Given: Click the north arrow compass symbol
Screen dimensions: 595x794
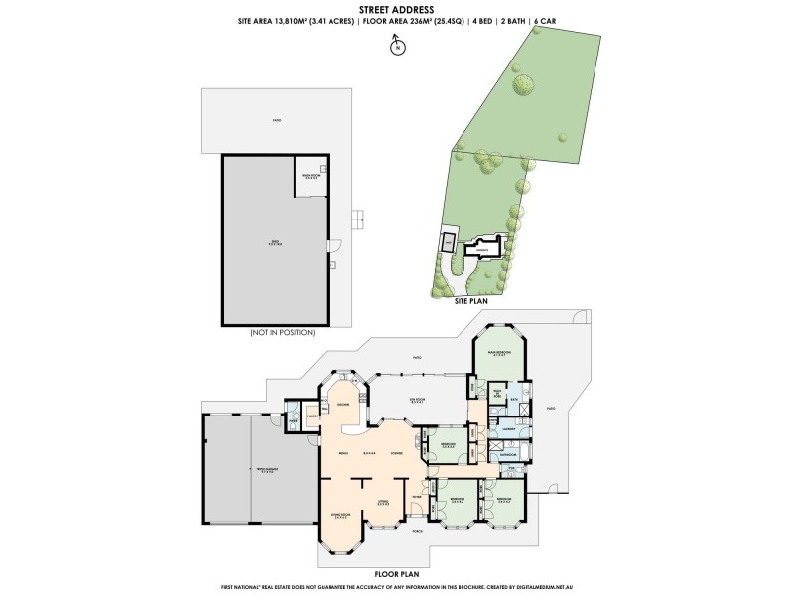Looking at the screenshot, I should [x=396, y=45].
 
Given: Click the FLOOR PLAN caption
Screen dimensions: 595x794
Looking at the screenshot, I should [x=395, y=573].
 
